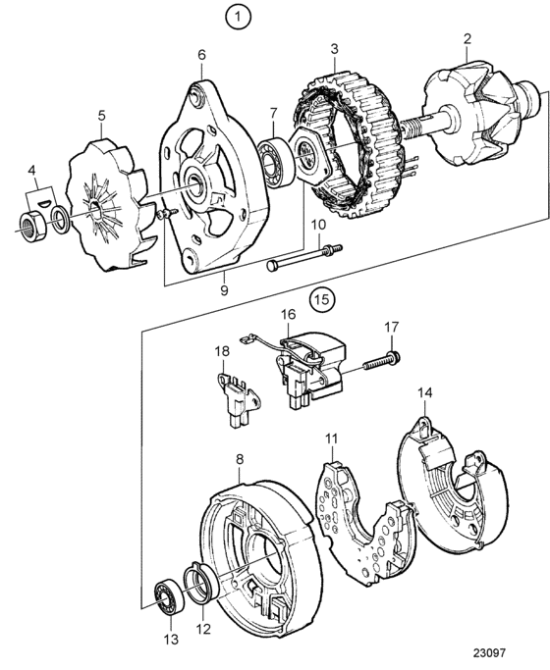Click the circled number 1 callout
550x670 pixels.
pyautogui.click(x=238, y=17)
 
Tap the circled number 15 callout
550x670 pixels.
pyautogui.click(x=322, y=298)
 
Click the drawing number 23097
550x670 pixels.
pyautogui.click(x=489, y=653)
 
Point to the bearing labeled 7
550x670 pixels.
pyautogui.click(x=276, y=163)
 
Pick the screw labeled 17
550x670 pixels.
pyautogui.click(x=381, y=361)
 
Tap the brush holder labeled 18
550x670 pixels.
pyautogui.click(x=239, y=399)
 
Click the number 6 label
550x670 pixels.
pyautogui.click(x=201, y=55)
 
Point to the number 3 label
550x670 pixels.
pyautogui.click(x=334, y=48)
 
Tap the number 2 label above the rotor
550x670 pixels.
pyautogui.click(x=467, y=38)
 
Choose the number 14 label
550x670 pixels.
pyautogui.click(x=424, y=392)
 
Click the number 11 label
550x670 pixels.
pyautogui.click(x=331, y=438)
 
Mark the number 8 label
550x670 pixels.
pyautogui.click(x=240, y=459)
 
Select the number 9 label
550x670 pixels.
pyautogui.click(x=224, y=290)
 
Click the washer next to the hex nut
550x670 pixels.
pyautogui.click(x=60, y=217)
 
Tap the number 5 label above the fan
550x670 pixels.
pyautogui.click(x=101, y=116)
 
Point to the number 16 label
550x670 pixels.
pyautogui.click(x=288, y=314)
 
